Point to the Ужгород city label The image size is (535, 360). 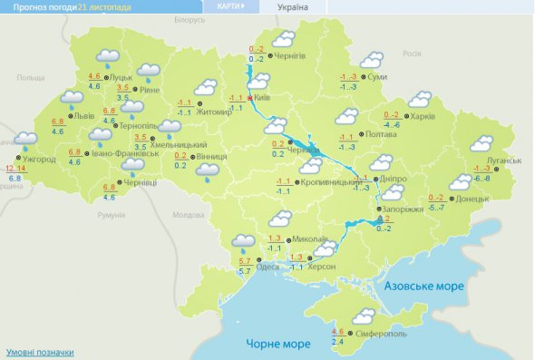pyautogui.click(x=38, y=159)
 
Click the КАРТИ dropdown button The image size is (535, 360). pyautogui.click(x=230, y=5)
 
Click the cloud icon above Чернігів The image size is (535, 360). pyautogui.click(x=285, y=39)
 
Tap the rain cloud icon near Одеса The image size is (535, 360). pyautogui.click(x=242, y=242)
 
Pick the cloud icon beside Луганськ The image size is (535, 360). pyautogui.click(x=480, y=143)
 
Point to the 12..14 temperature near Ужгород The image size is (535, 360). pyautogui.click(x=15, y=169)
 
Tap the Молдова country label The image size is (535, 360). pyautogui.click(x=189, y=215)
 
